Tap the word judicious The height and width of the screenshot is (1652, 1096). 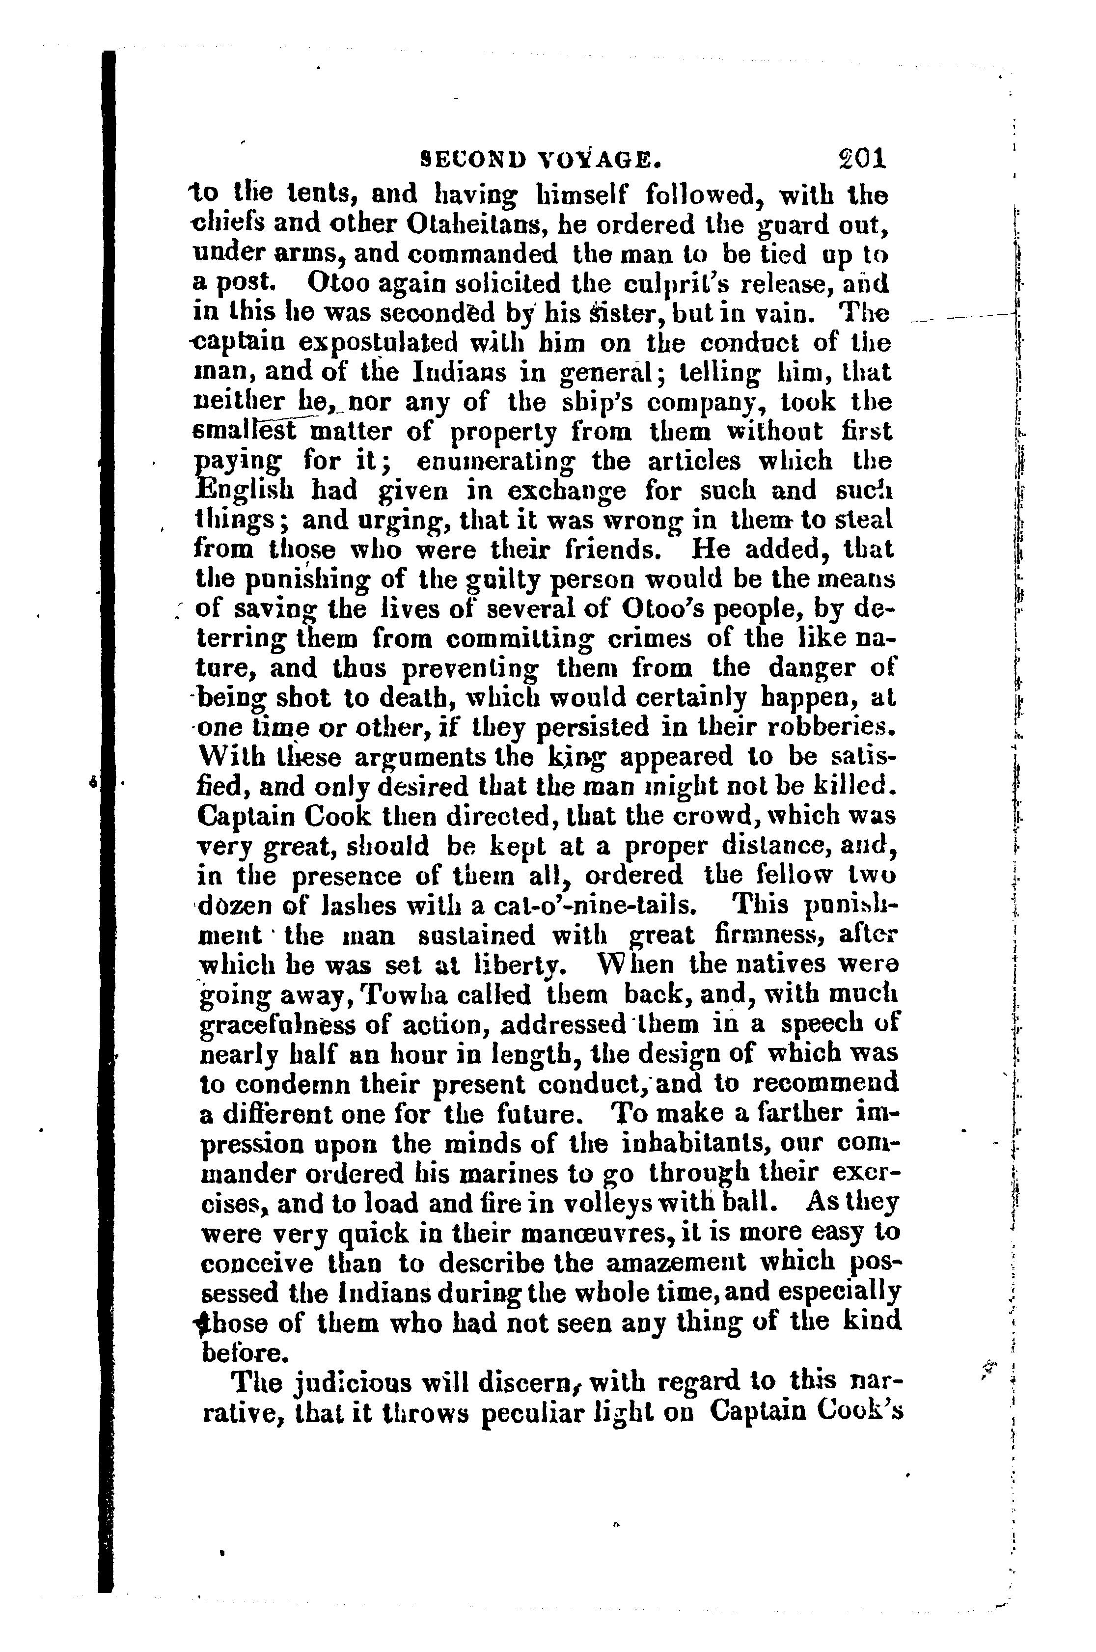(x=350, y=1382)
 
